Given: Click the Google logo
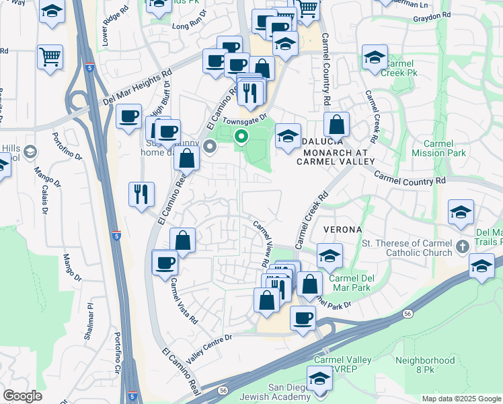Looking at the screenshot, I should coord(22,395).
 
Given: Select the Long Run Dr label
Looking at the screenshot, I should coord(190,26).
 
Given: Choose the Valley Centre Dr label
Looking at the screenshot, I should coord(209,348).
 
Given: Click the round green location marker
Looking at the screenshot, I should coord(241,137).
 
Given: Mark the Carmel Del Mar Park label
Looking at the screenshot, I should coord(351,282).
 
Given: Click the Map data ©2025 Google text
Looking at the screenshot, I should coord(461,398).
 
